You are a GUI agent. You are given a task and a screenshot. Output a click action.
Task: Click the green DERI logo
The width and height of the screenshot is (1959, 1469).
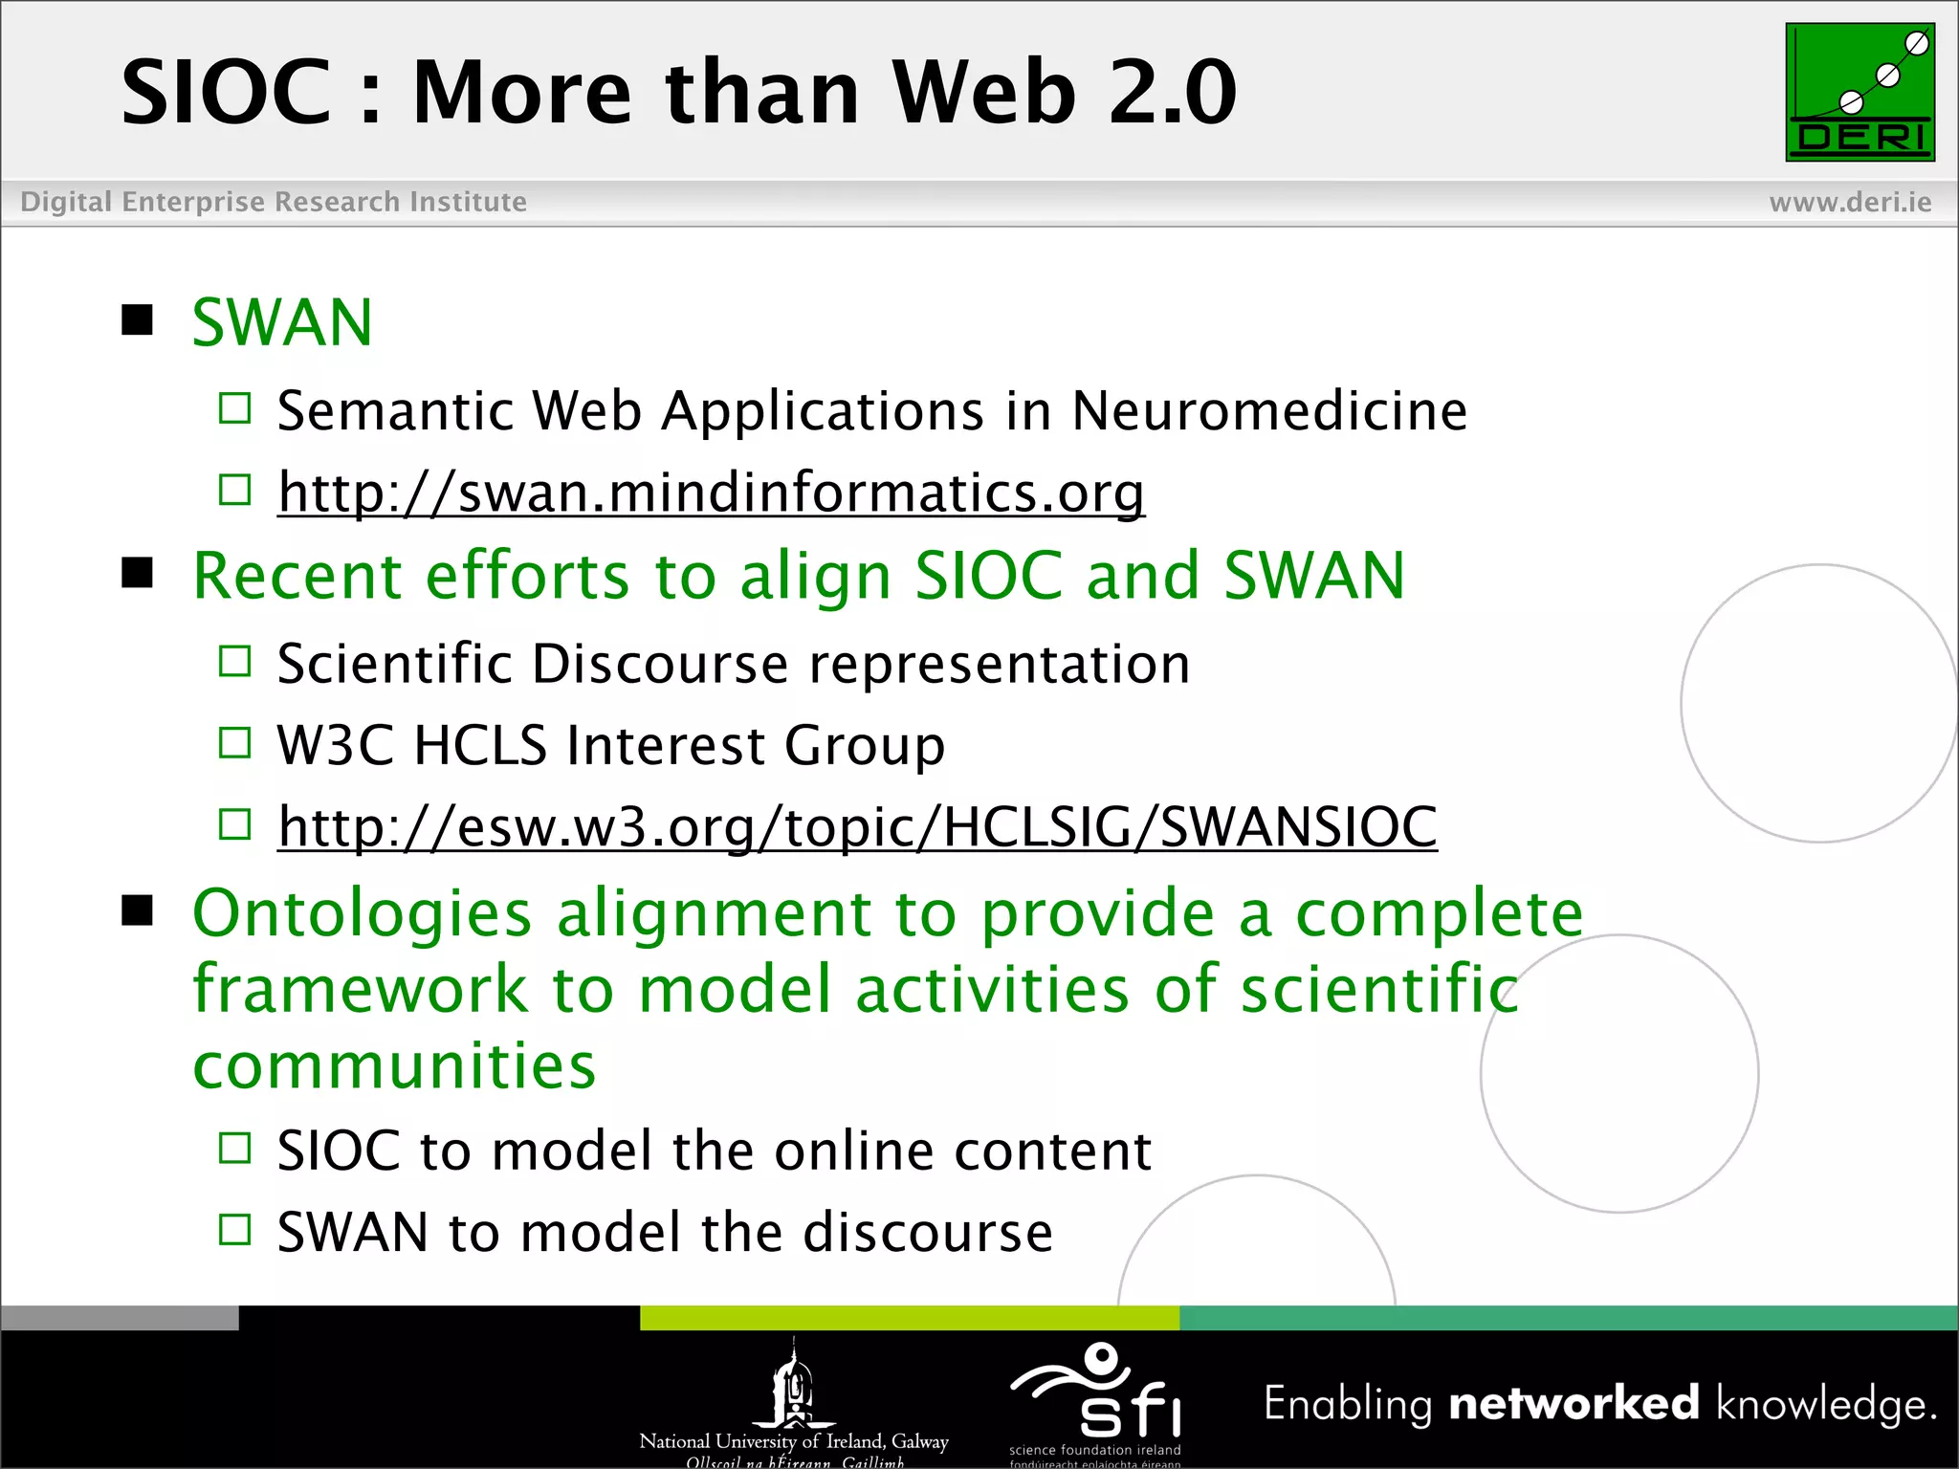1860,92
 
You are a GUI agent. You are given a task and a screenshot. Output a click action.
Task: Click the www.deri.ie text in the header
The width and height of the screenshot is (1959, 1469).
1850,203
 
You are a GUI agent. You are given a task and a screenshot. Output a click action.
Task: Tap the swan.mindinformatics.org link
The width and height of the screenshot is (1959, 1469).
711,493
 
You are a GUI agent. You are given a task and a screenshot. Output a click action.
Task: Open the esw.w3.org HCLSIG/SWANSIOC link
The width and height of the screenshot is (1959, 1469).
857,826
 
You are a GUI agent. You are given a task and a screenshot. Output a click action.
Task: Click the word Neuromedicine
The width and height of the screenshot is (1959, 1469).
1268,411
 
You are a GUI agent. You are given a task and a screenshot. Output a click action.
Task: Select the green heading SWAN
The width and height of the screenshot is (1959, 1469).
282,323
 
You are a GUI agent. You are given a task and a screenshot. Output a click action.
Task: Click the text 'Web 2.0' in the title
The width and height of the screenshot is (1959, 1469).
1064,93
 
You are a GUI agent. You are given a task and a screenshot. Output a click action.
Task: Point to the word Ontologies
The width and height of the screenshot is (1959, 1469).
362,913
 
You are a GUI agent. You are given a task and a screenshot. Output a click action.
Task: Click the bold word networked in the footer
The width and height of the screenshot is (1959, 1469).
1574,1403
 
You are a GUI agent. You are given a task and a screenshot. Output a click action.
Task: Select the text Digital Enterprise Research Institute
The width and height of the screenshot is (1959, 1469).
274,203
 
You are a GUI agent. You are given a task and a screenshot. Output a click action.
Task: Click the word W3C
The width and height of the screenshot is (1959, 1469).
335,745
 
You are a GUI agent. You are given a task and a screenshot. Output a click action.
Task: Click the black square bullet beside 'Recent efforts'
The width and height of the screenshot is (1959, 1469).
138,573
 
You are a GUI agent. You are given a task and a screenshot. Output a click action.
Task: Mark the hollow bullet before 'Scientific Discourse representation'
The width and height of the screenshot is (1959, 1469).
234,661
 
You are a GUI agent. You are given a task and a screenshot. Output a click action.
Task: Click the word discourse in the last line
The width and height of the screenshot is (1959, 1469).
927,1232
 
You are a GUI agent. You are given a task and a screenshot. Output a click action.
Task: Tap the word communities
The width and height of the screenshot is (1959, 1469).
394,1065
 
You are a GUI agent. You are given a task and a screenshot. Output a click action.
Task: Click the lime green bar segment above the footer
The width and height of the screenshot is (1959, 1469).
909,1318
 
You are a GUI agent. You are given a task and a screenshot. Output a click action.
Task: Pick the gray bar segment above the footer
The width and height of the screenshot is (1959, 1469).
120,1318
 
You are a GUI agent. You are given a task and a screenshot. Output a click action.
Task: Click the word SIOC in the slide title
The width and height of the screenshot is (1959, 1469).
226,93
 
